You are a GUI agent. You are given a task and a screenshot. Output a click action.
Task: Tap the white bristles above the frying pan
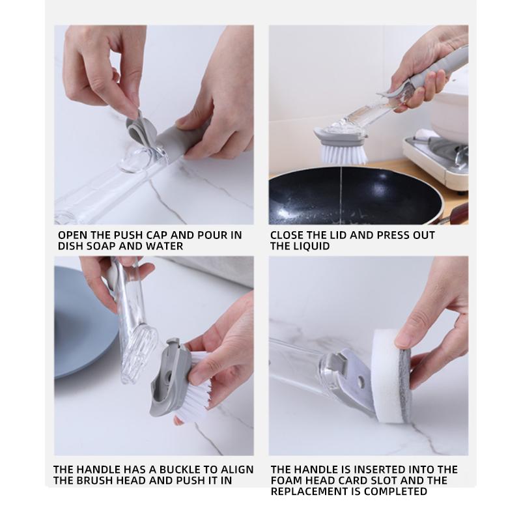coord(344,153)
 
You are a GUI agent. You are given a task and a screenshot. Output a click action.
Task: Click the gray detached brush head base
coord(169,379)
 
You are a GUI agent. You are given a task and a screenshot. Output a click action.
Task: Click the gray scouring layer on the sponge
coord(406,385)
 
